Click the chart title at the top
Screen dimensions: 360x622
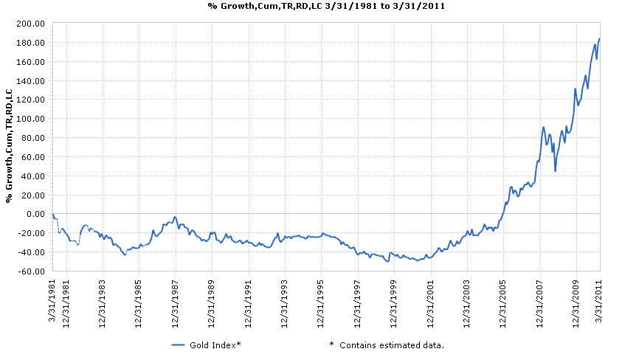311,5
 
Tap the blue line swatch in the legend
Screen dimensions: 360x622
181,345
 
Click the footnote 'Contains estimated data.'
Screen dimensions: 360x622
391,345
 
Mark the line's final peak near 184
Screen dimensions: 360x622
599,38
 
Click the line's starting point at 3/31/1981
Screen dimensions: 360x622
52,214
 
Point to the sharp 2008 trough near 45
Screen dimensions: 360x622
555,171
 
